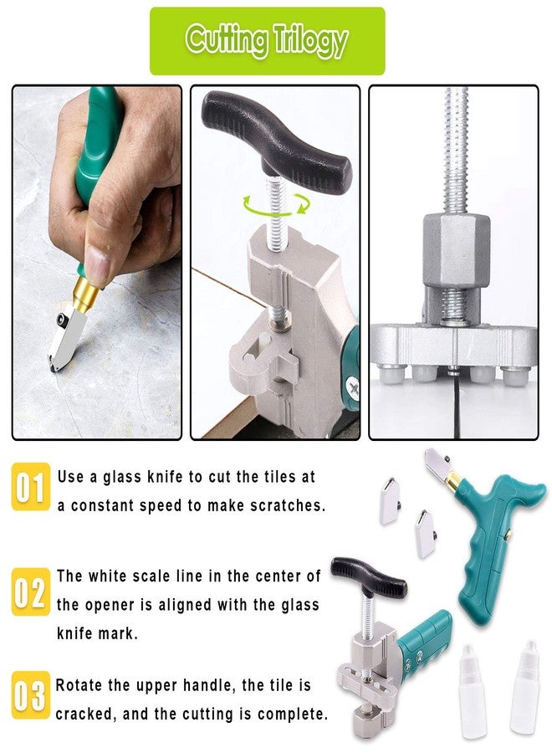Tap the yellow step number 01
pos(31,488)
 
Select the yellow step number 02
pos(31,592)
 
